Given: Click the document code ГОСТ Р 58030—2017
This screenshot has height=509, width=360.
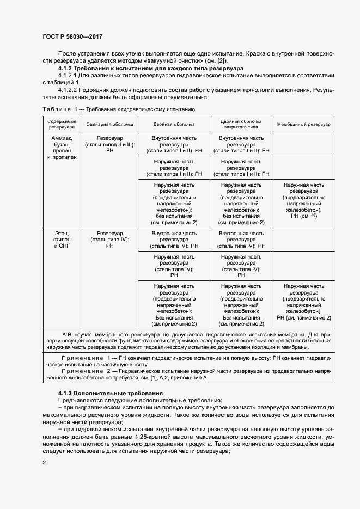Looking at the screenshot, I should click(72, 37).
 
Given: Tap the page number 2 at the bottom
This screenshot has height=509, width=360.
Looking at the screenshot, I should click(44, 462).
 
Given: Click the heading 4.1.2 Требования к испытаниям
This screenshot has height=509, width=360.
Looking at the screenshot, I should click(120, 69).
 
